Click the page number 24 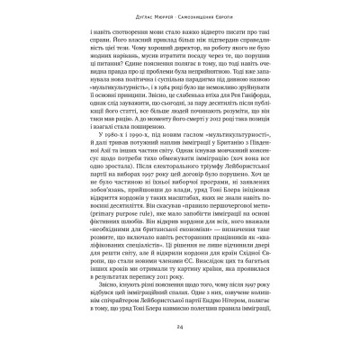(x=180, y=326)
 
